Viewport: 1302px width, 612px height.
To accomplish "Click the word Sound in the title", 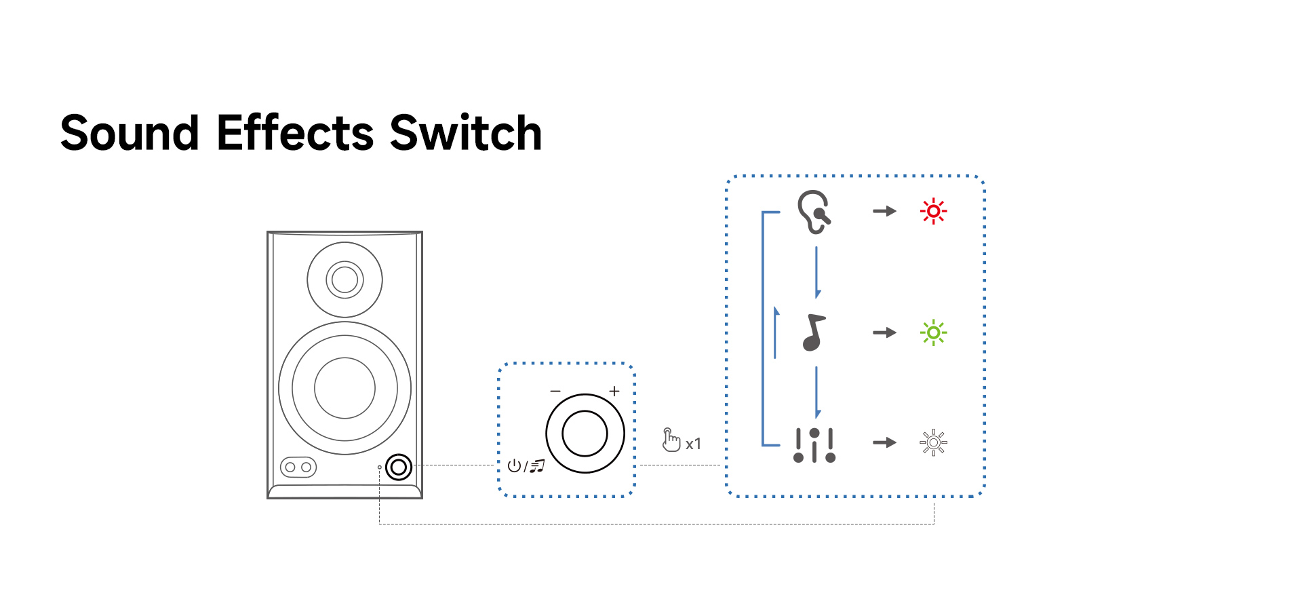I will pos(130,132).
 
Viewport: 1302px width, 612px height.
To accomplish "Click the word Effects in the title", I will pos(295,132).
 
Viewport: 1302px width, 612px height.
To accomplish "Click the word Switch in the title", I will pos(466,132).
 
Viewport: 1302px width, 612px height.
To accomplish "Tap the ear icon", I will pos(814,212).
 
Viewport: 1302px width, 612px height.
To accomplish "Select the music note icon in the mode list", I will pos(814,332).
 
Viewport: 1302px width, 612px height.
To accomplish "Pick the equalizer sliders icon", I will pos(814,445).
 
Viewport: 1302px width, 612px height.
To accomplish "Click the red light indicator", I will pos(933,211).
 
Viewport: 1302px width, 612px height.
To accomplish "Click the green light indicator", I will pos(933,332).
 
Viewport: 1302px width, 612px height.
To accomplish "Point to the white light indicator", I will pos(933,443).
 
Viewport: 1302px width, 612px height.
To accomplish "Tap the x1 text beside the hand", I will pos(693,444).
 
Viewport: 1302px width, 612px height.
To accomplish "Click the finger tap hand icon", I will pos(670,440).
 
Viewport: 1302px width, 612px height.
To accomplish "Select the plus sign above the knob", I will pos(614,391).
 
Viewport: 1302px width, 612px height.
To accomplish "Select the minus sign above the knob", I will pos(555,391).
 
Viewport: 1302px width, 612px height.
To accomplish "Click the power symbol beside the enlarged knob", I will pos(514,465).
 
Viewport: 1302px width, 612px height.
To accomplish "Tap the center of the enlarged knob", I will pos(585,434).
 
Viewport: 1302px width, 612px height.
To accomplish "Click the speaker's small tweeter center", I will pos(344,280).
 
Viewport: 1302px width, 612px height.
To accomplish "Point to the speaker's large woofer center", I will pos(344,388).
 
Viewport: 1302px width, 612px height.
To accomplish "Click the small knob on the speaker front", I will pos(399,467).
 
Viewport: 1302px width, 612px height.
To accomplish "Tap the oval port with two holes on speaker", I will pos(298,467).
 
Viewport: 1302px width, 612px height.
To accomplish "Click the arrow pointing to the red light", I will pos(884,211).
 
